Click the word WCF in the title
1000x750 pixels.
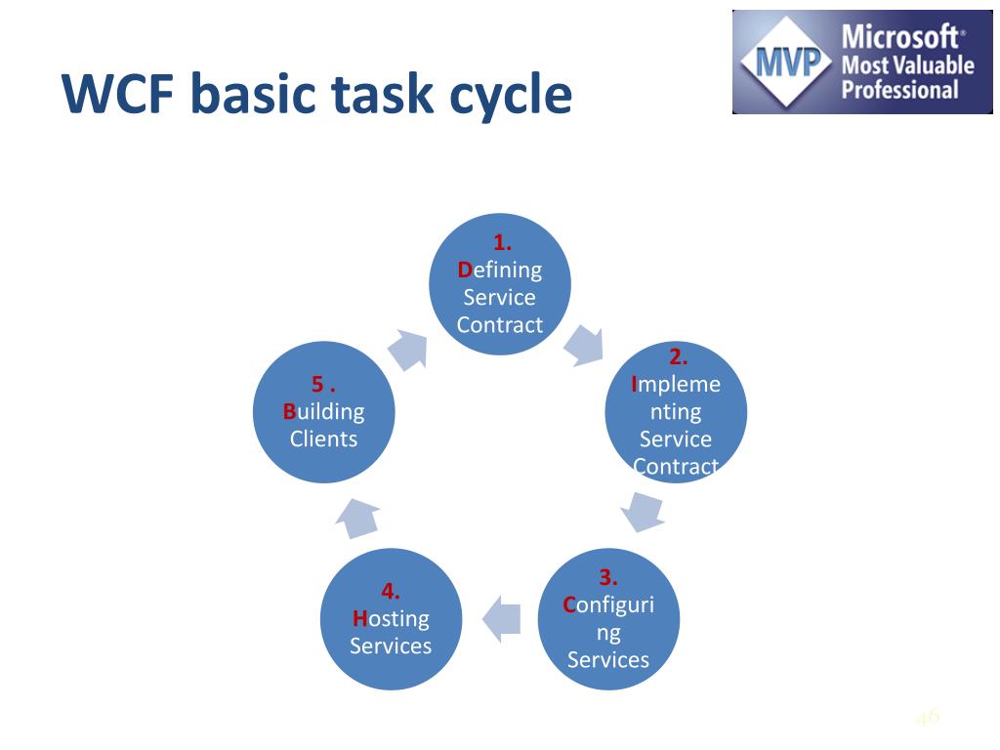[118, 93]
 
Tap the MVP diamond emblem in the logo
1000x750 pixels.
[786, 62]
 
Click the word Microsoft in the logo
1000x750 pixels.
[899, 36]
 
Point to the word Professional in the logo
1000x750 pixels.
[899, 89]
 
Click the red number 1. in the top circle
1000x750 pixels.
[502, 242]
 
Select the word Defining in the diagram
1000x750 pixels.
[499, 271]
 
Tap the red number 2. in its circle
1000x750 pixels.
[678, 356]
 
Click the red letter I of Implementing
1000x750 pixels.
[634, 384]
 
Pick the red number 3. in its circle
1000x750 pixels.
[607, 577]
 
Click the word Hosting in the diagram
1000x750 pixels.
[391, 618]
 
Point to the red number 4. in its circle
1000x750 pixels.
[391, 591]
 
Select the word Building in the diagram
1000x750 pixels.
[323, 411]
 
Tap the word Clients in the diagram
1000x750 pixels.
[323, 438]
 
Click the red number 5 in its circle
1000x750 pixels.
[317, 384]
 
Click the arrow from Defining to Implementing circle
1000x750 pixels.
[585, 345]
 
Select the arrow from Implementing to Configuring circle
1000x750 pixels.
[643, 511]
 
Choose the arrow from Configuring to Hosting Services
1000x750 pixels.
[502, 618]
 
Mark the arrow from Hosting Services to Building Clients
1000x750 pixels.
[357, 518]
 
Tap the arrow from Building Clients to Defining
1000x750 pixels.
[408, 350]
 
